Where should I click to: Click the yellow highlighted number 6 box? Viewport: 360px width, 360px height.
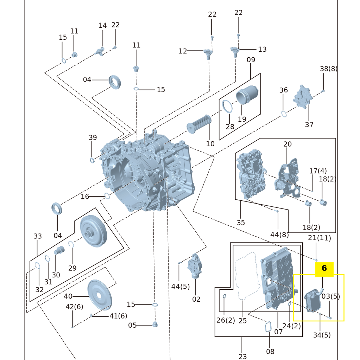[324, 268]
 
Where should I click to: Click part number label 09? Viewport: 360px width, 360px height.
[251, 60]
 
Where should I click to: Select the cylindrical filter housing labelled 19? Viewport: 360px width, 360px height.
[247, 95]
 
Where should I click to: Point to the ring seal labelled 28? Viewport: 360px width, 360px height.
[227, 106]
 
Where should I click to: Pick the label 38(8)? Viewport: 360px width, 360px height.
[328, 69]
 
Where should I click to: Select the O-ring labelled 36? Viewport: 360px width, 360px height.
[284, 114]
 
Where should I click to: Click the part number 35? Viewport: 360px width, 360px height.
[241, 223]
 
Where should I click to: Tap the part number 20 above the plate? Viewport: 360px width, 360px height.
[287, 144]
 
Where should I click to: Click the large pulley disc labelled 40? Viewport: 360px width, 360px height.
[100, 295]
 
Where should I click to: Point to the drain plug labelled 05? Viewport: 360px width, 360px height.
[154, 324]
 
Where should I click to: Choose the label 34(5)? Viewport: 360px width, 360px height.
[322, 335]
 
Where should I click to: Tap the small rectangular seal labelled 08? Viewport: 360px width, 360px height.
[268, 327]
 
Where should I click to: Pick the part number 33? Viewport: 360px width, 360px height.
[38, 236]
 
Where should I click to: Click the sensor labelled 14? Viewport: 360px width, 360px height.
[100, 51]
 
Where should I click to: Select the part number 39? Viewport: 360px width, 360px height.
[93, 137]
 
